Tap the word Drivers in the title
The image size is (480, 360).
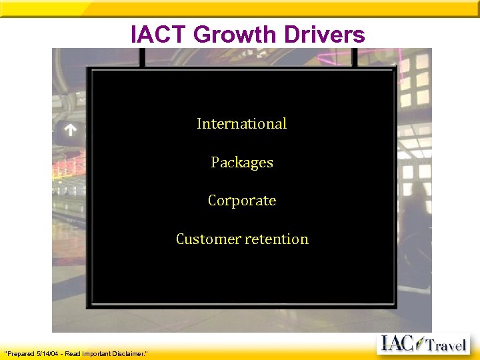coord(328,34)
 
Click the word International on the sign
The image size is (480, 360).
coord(241,123)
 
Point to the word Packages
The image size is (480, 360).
coord(242,162)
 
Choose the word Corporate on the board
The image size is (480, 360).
coord(242,200)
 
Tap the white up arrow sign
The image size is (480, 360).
coord(70,131)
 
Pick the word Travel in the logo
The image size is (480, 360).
coord(446,345)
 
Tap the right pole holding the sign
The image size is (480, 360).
coord(354,57)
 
